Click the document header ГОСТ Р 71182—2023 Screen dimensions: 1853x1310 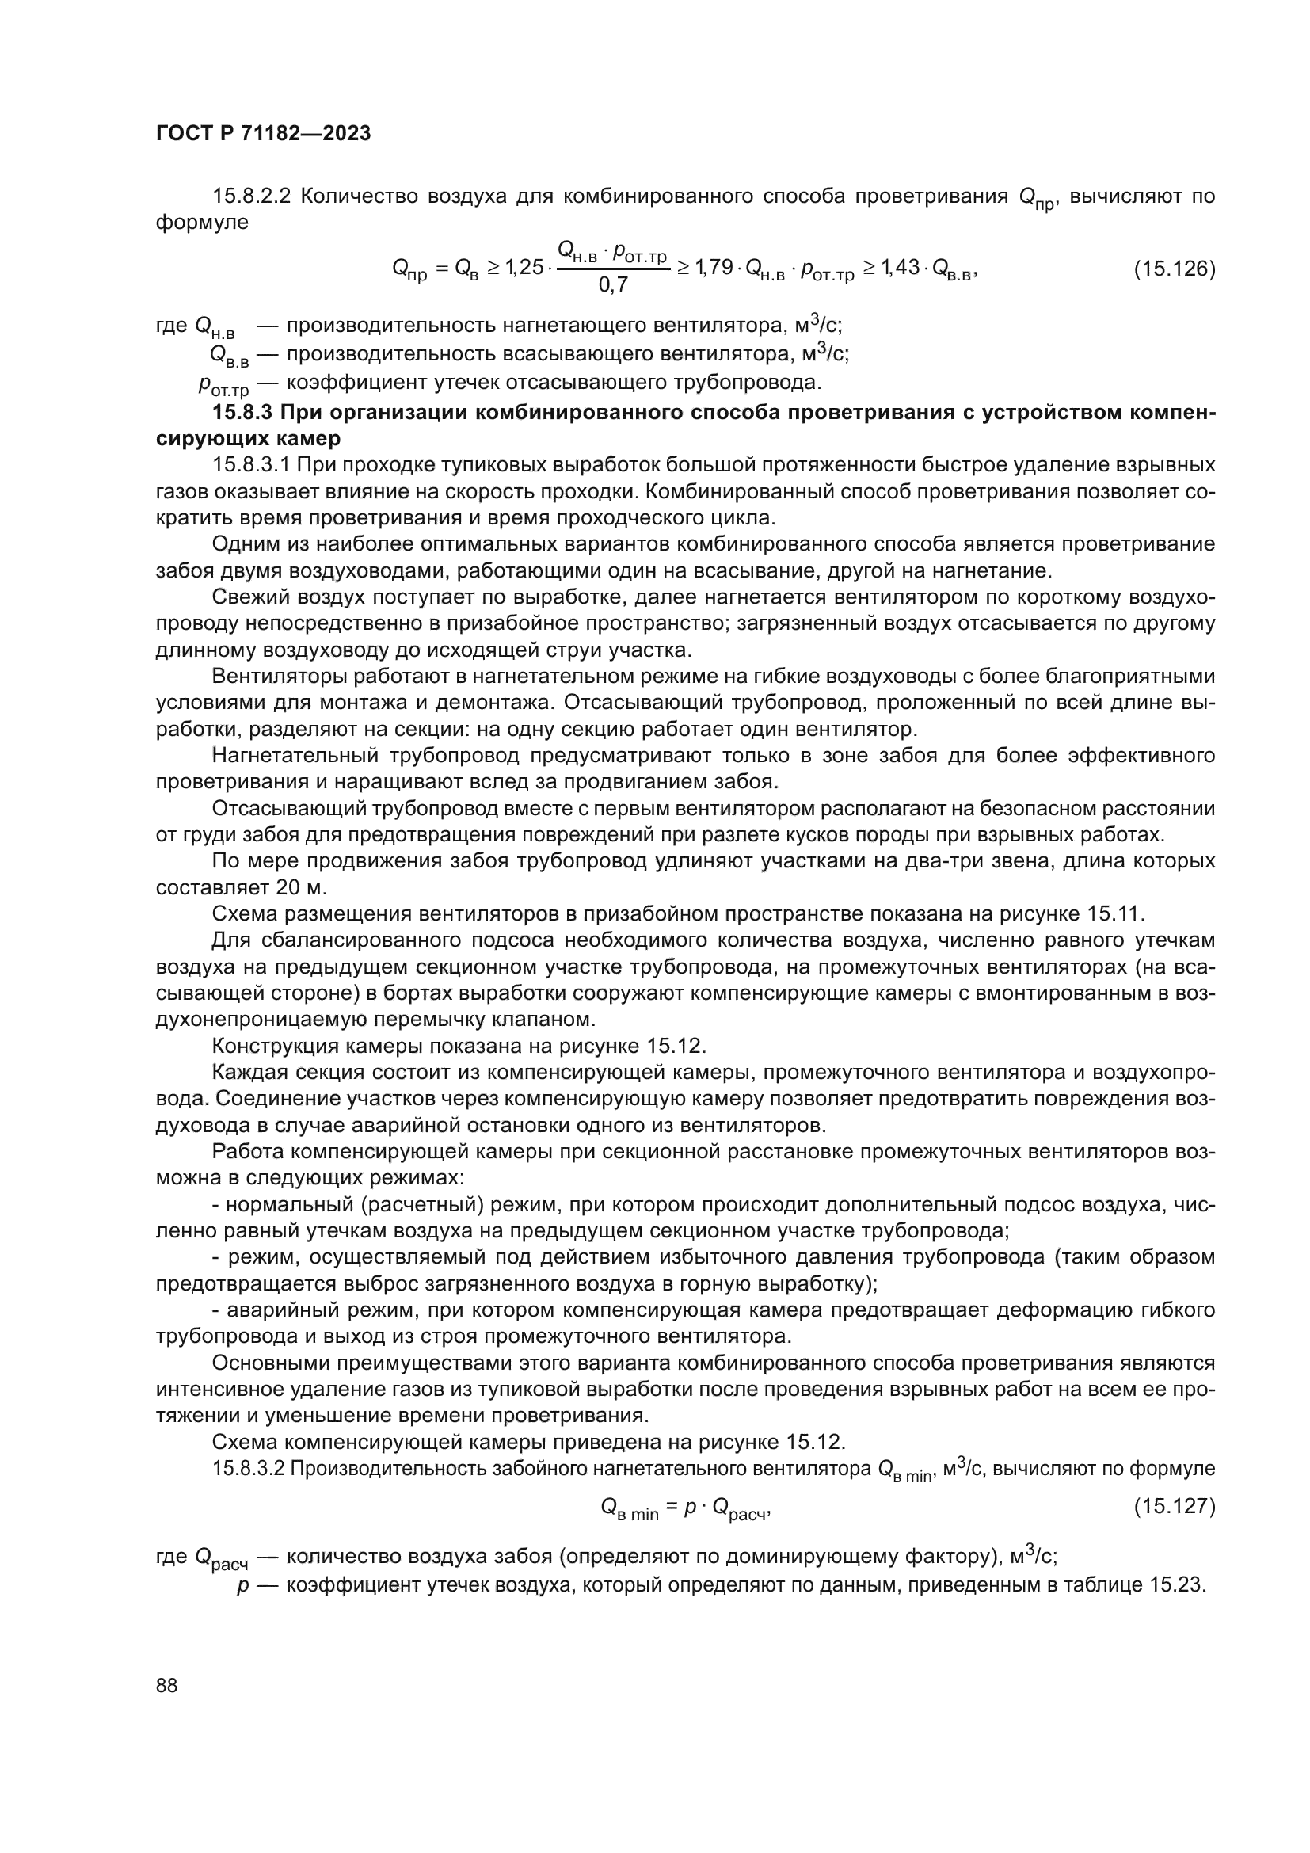click(263, 133)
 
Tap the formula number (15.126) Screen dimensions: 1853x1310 click(1174, 269)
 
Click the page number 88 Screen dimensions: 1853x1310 click(167, 1685)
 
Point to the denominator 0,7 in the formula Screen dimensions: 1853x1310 click(613, 284)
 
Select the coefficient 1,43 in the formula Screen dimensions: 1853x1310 click(900, 267)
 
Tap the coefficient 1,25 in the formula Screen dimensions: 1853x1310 click(524, 267)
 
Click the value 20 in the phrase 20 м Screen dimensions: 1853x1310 click(288, 888)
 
